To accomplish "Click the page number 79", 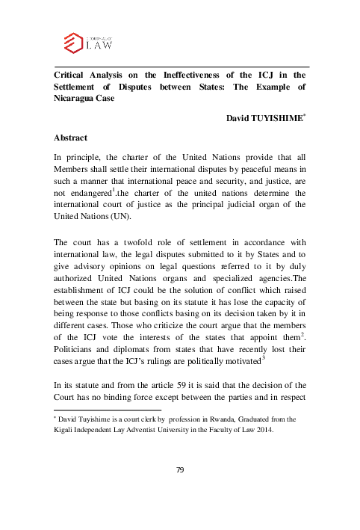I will tap(179, 490).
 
